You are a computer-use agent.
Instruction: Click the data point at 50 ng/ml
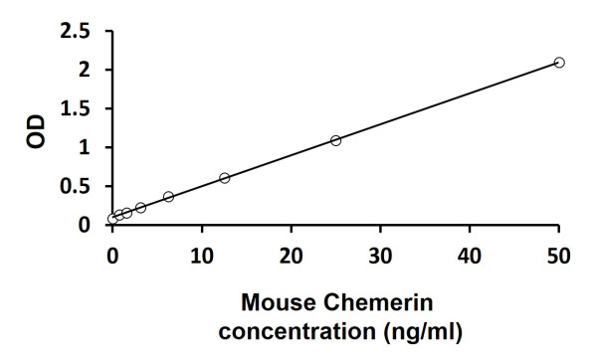(559, 62)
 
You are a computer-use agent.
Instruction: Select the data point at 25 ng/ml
(335, 140)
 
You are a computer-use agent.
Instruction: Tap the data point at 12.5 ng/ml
(224, 178)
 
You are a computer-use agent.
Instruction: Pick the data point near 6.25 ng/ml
(168, 197)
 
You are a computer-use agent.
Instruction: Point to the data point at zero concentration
(112, 219)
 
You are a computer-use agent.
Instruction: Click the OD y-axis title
(35, 130)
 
